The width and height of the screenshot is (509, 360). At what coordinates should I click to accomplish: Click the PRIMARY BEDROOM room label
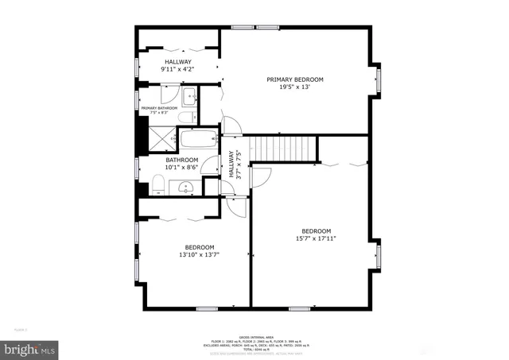(295, 79)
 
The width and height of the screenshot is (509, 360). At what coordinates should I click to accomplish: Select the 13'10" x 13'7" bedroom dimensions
(199, 254)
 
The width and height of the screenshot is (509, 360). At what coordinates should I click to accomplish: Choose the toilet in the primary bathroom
(185, 118)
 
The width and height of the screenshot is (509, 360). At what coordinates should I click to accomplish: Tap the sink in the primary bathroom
(188, 99)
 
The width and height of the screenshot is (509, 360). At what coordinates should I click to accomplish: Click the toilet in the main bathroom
(157, 187)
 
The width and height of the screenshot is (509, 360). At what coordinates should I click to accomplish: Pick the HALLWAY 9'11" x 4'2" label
(177, 65)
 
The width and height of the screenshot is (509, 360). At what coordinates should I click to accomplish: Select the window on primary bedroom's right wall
(379, 79)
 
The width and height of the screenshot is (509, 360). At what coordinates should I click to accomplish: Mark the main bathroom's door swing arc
(212, 165)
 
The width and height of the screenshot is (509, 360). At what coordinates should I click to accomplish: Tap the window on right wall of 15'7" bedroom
(379, 255)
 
